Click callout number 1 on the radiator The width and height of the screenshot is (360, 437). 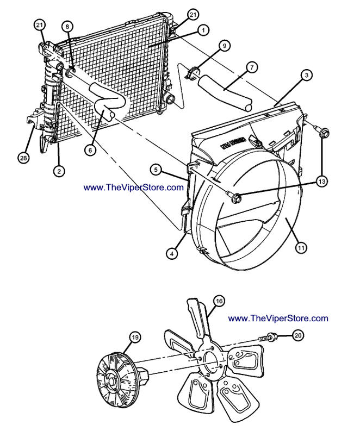click(202, 31)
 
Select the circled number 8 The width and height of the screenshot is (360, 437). click(66, 26)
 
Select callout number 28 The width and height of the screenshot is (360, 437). click(22, 158)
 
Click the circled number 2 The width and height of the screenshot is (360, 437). click(59, 171)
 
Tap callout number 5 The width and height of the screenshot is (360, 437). click(156, 170)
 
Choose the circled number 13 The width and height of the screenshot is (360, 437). click(322, 182)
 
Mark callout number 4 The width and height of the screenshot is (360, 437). click(172, 253)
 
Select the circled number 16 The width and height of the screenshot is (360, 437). click(219, 301)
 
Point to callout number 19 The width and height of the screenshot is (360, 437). click(135, 337)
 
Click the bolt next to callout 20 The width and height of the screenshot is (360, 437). click(270, 338)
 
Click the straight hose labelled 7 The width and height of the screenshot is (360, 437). click(225, 92)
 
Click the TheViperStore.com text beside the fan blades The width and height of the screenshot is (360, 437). click(278, 318)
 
